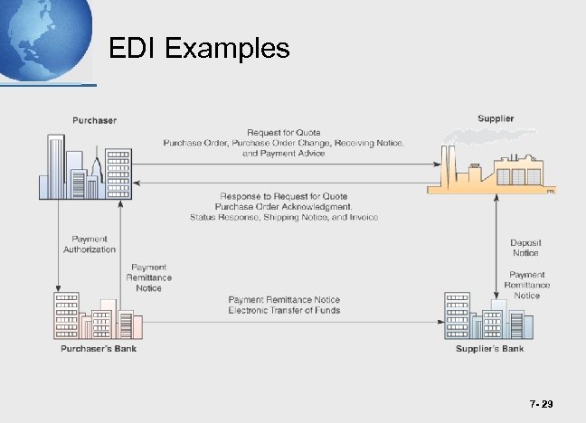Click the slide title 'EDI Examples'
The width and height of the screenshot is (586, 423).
(199, 47)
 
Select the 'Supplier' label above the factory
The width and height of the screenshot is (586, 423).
(496, 118)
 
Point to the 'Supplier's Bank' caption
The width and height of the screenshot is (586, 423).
(489, 348)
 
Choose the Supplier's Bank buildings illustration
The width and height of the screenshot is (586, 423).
(487, 315)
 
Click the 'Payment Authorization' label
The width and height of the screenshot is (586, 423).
(90, 243)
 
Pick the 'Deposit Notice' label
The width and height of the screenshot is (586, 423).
(526, 248)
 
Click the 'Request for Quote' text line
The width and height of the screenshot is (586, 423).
(284, 133)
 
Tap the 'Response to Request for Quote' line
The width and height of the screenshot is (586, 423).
(284, 196)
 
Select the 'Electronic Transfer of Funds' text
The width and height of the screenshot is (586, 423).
(284, 310)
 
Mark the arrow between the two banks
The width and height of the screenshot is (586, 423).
(284, 321)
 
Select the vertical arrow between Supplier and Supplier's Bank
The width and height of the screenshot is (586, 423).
(498, 241)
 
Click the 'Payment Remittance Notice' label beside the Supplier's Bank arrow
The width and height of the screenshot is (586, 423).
(526, 285)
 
